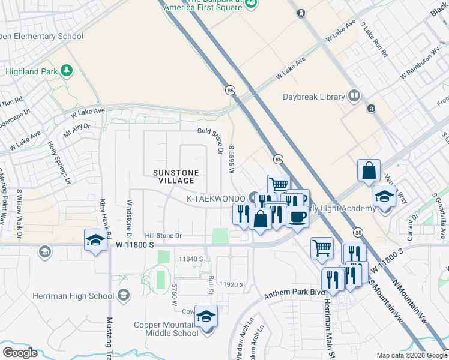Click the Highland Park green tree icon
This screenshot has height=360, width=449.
[66, 71]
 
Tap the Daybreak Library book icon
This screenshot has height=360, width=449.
[355, 96]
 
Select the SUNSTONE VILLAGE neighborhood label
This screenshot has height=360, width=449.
[175, 176]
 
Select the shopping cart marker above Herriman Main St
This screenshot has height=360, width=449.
[322, 247]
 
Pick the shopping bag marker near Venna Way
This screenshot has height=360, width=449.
[369, 170]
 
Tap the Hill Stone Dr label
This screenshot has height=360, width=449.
[163, 236]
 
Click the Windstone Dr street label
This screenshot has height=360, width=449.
[128, 214]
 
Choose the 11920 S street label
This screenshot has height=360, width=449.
[231, 284]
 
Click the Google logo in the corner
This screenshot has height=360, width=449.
[20, 353]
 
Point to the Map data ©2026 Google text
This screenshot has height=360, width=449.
[412, 355]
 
